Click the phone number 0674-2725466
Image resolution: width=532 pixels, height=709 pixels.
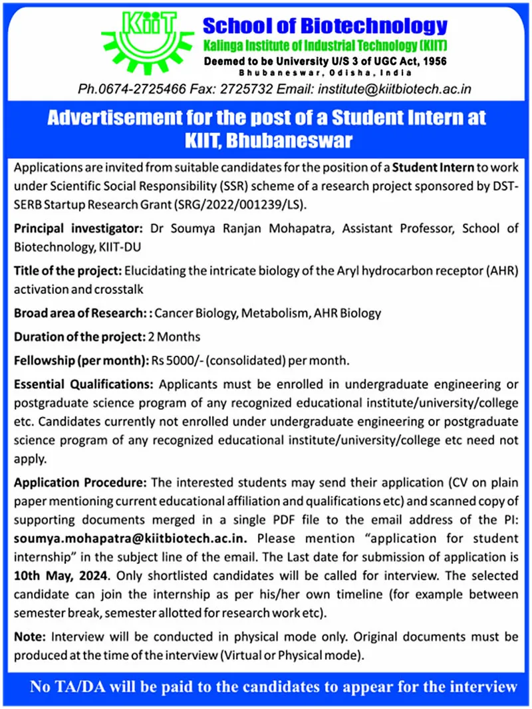coord(137,88)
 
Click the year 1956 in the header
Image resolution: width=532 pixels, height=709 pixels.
coord(432,61)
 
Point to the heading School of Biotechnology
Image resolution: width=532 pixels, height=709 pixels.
coord(325,27)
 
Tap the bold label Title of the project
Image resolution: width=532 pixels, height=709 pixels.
coord(67,272)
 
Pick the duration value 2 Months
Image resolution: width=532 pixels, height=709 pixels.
coord(174,337)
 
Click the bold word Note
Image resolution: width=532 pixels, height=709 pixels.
coord(29,637)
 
